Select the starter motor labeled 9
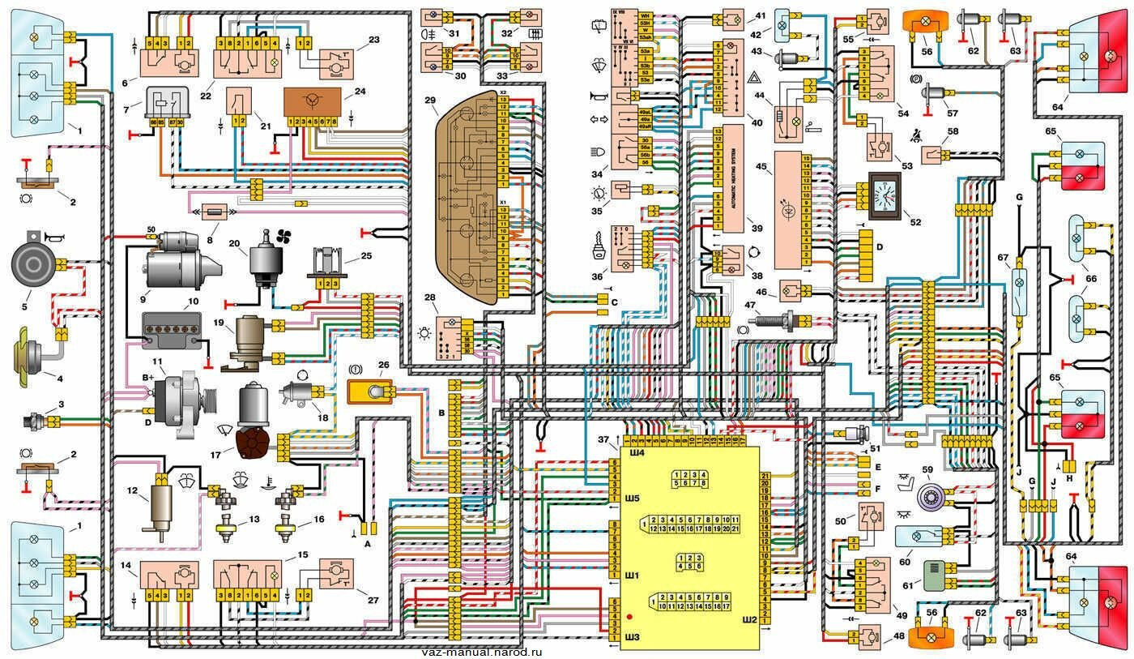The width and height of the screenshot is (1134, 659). click(177, 260)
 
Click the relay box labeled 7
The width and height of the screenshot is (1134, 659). click(167, 103)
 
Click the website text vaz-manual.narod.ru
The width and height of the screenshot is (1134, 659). click(481, 652)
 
